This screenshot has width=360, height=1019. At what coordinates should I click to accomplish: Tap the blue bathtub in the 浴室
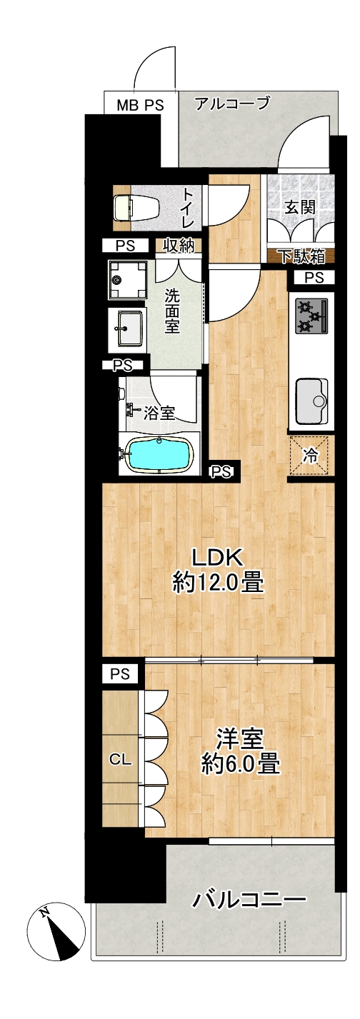tap(160, 454)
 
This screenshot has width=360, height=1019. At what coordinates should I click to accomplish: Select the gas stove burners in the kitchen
tap(311, 315)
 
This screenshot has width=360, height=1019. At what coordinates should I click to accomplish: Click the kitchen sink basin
tap(311, 401)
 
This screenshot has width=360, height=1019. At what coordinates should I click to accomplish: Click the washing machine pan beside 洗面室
tap(127, 279)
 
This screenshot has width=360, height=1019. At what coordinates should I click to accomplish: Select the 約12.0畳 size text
tap(218, 583)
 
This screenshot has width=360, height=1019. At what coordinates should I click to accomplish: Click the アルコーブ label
tap(232, 104)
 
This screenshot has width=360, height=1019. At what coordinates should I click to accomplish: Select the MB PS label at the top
tap(140, 106)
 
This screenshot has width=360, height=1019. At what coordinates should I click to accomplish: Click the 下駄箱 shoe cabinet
tap(301, 257)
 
